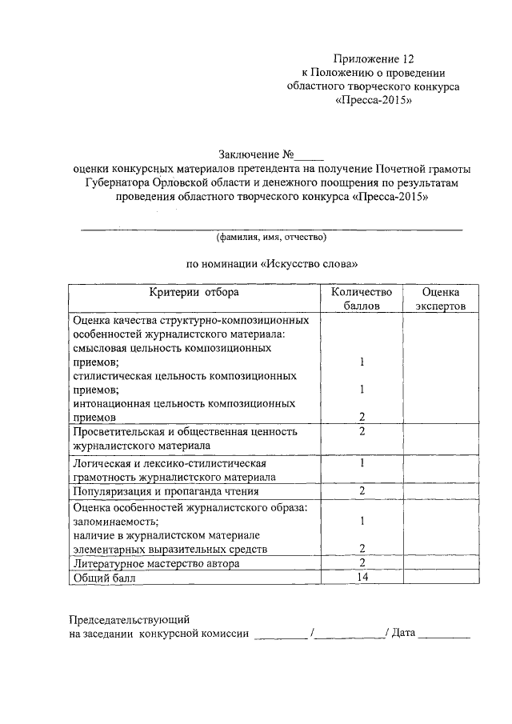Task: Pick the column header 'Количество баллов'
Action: (362, 299)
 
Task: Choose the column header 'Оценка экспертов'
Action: (440, 299)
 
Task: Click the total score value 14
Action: (362, 577)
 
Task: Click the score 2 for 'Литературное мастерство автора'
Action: (362, 563)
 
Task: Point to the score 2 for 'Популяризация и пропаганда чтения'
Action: (362, 490)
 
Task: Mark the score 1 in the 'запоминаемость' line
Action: (362, 521)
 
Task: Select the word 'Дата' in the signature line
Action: (403, 634)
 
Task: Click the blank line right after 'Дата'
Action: (444, 636)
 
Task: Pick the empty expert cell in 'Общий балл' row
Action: (440, 578)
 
